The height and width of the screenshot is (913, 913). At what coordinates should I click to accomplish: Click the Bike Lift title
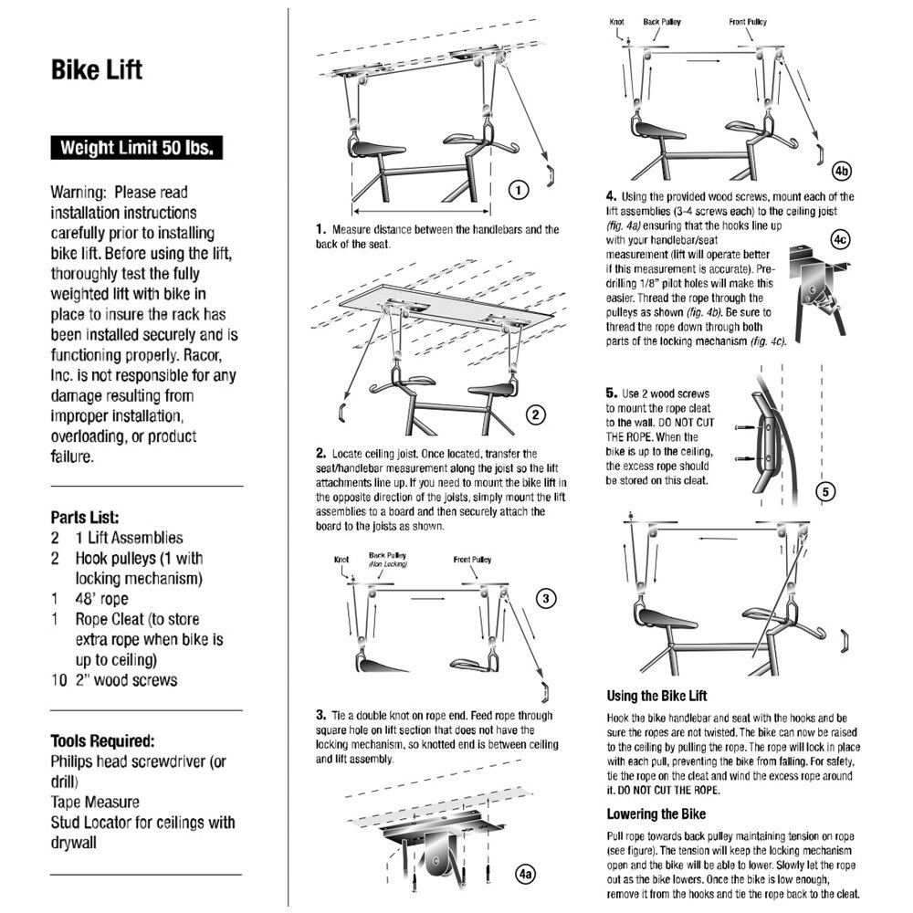(96, 70)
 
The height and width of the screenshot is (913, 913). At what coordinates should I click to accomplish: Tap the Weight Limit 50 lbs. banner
(136, 148)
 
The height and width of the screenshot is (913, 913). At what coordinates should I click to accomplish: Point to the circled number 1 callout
(518, 191)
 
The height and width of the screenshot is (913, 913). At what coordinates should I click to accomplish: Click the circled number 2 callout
(536, 415)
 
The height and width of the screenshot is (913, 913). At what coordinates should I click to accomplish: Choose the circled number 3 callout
(544, 599)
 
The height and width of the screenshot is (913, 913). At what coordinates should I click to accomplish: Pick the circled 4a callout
(524, 874)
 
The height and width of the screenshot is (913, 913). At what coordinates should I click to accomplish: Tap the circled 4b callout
(842, 171)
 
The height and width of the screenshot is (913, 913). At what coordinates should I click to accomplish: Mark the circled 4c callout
(841, 239)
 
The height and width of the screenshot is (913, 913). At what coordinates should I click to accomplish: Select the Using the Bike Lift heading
(656, 696)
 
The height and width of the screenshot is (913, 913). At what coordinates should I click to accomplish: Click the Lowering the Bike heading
(656, 813)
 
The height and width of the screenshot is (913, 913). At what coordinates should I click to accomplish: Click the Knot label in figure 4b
(618, 21)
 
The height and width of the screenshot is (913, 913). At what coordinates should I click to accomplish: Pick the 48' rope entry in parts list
(101, 600)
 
